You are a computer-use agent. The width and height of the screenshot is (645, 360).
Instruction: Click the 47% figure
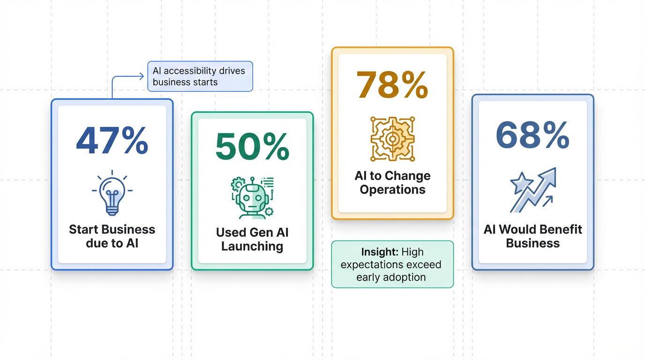point(112,141)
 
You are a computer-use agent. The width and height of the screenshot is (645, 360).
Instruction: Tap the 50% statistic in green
point(252,146)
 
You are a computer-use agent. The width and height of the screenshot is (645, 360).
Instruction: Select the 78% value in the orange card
point(392,85)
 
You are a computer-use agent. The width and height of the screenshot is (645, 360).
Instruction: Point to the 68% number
point(532,135)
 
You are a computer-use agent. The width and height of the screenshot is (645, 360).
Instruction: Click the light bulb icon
point(112,193)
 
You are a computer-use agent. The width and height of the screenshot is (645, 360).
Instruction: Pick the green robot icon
point(252,198)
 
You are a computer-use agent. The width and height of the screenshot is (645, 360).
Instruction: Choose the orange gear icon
point(392,139)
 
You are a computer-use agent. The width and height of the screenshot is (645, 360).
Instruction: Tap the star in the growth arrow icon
point(521,183)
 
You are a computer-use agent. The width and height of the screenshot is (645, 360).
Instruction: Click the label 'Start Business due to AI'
point(112,236)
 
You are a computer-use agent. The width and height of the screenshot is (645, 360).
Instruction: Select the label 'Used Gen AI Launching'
point(252,240)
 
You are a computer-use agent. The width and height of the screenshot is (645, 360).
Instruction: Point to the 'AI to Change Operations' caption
point(392,183)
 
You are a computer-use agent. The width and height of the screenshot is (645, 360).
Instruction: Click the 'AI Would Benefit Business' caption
point(532,236)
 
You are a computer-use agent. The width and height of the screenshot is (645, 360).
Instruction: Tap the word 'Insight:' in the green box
point(380,252)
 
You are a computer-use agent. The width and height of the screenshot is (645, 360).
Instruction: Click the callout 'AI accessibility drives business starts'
point(200,76)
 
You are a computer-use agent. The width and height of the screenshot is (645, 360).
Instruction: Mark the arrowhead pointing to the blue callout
point(142,76)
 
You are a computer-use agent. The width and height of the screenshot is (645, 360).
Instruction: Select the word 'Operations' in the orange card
point(392,189)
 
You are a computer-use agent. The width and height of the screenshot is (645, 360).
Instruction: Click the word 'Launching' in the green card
point(252,247)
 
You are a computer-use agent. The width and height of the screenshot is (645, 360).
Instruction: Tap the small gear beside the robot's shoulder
point(269,212)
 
